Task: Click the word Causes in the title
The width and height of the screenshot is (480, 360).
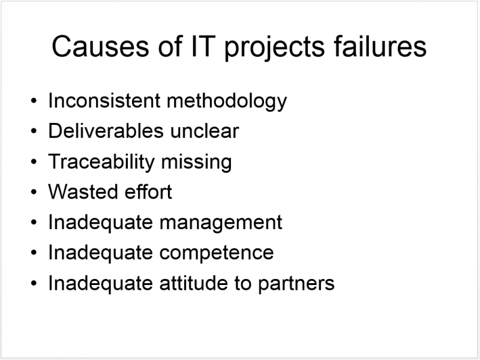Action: pos(100,47)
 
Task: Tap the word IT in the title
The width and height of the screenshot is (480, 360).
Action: pos(202,47)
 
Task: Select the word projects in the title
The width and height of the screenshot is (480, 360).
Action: pos(274,49)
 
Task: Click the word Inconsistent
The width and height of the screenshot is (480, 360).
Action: pos(104,100)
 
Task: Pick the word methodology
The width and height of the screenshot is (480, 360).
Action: pos(227,101)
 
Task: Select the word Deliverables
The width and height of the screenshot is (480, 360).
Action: pos(106,131)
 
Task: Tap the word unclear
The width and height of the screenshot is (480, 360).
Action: pos(205,131)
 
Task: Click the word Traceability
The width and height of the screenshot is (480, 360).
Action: pos(101,162)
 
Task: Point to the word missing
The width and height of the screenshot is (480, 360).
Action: pos(196,162)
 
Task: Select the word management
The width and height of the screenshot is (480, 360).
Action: pos(221,223)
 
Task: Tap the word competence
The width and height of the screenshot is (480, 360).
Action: pos(217,253)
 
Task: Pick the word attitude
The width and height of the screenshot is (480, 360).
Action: pos(193,283)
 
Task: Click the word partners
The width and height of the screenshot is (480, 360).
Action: pos(296,284)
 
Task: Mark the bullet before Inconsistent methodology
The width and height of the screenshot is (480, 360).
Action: pos(34,101)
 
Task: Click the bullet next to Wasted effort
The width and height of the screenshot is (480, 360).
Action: pos(34,192)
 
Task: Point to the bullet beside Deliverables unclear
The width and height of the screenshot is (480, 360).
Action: pos(34,131)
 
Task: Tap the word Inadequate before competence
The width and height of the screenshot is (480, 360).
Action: pos(101,254)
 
